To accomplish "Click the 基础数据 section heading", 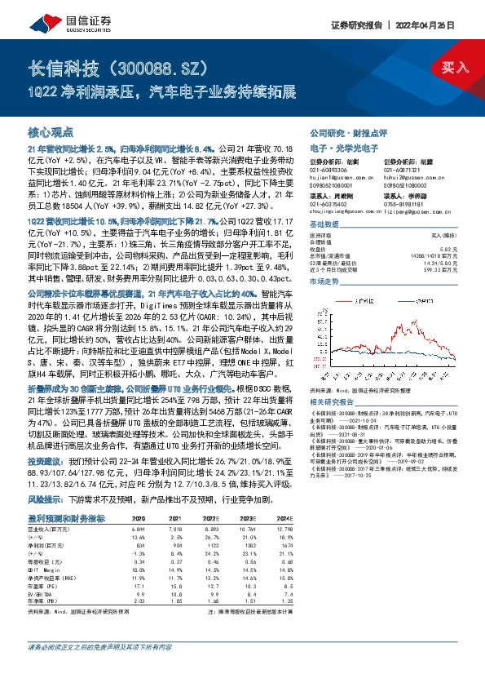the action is click(324, 224).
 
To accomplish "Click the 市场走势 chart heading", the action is click(324, 280).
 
